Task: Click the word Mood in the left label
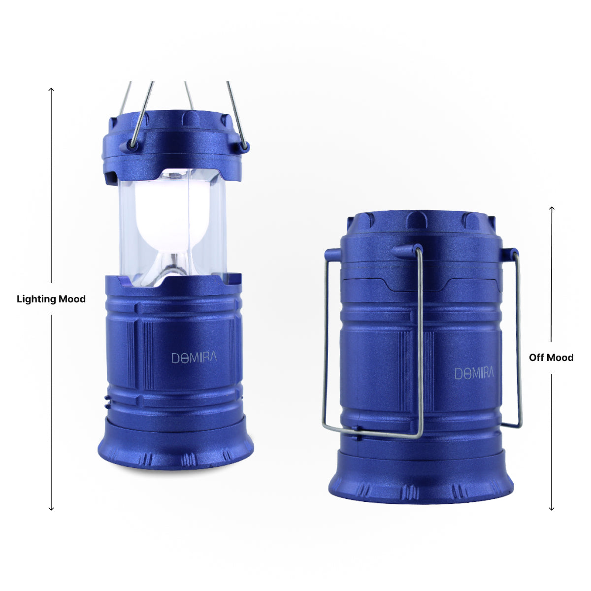[x=72, y=299]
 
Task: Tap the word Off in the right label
[x=536, y=358]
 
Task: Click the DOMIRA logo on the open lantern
[x=194, y=358]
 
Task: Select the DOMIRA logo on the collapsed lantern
[x=474, y=373]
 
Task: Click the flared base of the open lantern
[x=176, y=451]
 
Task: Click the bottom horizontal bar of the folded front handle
[x=374, y=433]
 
